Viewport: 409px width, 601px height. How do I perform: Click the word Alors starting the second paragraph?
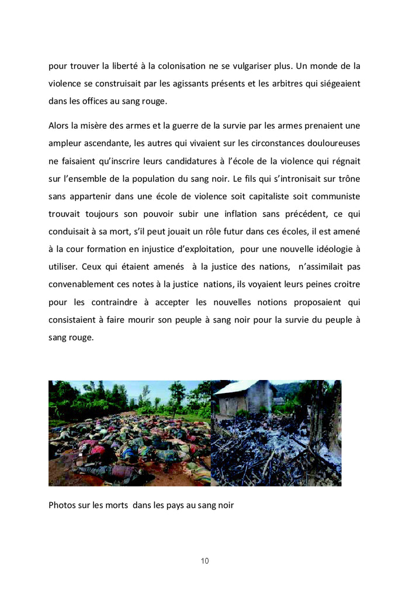60,126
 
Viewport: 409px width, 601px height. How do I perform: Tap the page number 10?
204,561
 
